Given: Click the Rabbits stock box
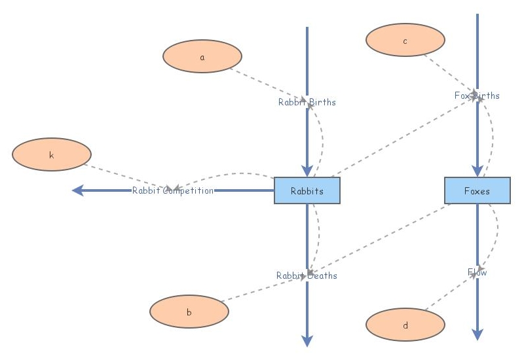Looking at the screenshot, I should [307, 190].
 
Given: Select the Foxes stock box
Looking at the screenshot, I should [477, 190].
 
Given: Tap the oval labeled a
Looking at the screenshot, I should [202, 56].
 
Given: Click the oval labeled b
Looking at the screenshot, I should [189, 312].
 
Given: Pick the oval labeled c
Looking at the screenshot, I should [405, 41].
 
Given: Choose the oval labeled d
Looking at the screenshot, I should [405, 325].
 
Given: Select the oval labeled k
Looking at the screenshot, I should [51, 155].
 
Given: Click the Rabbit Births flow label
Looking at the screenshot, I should [307, 102].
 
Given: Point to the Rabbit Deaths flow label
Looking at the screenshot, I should [307, 276].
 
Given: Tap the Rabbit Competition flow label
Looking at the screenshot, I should [173, 190].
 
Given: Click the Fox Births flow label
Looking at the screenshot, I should [477, 96].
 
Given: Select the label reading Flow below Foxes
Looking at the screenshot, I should [477, 272].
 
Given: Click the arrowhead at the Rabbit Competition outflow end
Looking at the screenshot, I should [78, 190].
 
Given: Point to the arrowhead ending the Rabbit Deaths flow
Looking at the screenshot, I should [307, 340].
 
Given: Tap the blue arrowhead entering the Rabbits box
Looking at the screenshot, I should [307, 171].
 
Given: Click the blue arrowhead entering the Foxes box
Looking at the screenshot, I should [477, 171].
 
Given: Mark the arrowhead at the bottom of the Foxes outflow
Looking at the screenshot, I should [477, 334].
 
